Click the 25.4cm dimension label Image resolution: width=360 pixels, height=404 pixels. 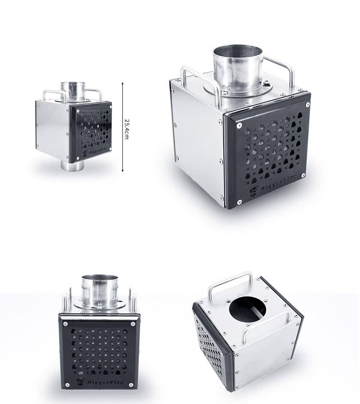click(126, 129)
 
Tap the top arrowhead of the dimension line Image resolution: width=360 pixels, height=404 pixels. click(122, 84)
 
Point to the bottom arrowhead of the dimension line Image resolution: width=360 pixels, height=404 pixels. click(122, 170)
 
